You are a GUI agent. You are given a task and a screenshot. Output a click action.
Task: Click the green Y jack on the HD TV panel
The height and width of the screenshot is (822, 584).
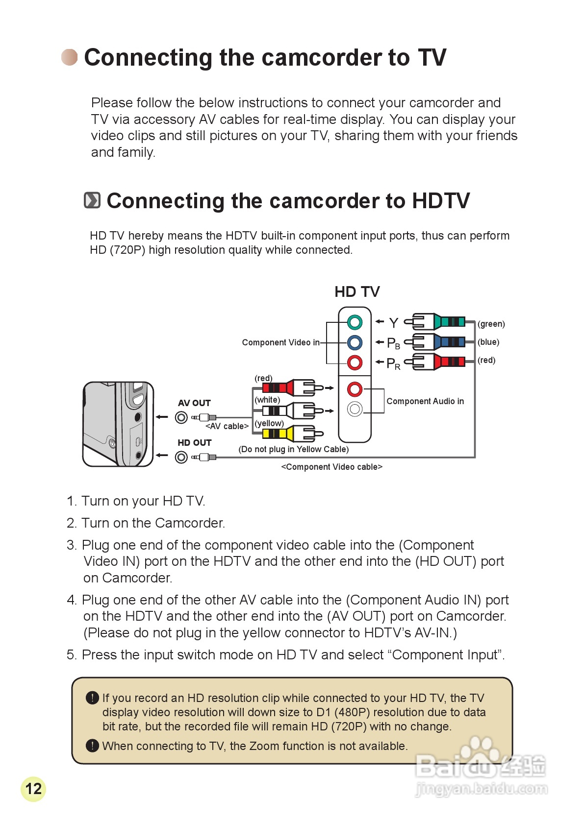355,322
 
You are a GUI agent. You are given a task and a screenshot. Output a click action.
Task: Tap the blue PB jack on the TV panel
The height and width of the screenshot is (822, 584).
355,342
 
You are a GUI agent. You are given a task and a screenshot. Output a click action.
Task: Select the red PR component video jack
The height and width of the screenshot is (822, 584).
355,363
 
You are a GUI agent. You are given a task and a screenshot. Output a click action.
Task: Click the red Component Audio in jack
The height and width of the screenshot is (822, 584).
355,389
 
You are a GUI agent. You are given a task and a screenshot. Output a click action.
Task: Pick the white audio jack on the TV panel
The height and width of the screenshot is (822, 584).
355,409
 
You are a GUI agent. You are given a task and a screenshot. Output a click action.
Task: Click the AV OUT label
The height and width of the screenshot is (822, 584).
194,403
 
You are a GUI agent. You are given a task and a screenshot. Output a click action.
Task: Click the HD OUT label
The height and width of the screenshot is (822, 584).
194,443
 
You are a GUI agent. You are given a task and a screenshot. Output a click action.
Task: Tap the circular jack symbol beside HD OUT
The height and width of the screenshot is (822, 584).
181,457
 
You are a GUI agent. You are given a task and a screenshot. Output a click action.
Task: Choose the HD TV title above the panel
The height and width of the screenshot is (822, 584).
357,292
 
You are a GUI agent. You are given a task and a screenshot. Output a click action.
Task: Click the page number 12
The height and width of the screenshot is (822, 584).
33,789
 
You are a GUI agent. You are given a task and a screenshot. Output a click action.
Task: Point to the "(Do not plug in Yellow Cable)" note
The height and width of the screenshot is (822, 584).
293,449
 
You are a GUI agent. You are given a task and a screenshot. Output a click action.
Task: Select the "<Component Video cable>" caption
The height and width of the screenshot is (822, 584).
331,467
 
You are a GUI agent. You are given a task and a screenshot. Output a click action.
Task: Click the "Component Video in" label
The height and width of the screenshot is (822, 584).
280,342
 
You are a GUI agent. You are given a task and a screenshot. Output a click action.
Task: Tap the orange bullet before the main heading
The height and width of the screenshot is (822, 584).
69,57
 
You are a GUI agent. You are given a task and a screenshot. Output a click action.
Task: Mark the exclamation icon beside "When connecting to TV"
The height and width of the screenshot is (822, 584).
92,746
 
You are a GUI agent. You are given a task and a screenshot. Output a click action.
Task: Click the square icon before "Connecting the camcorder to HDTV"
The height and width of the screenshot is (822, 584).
92,200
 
